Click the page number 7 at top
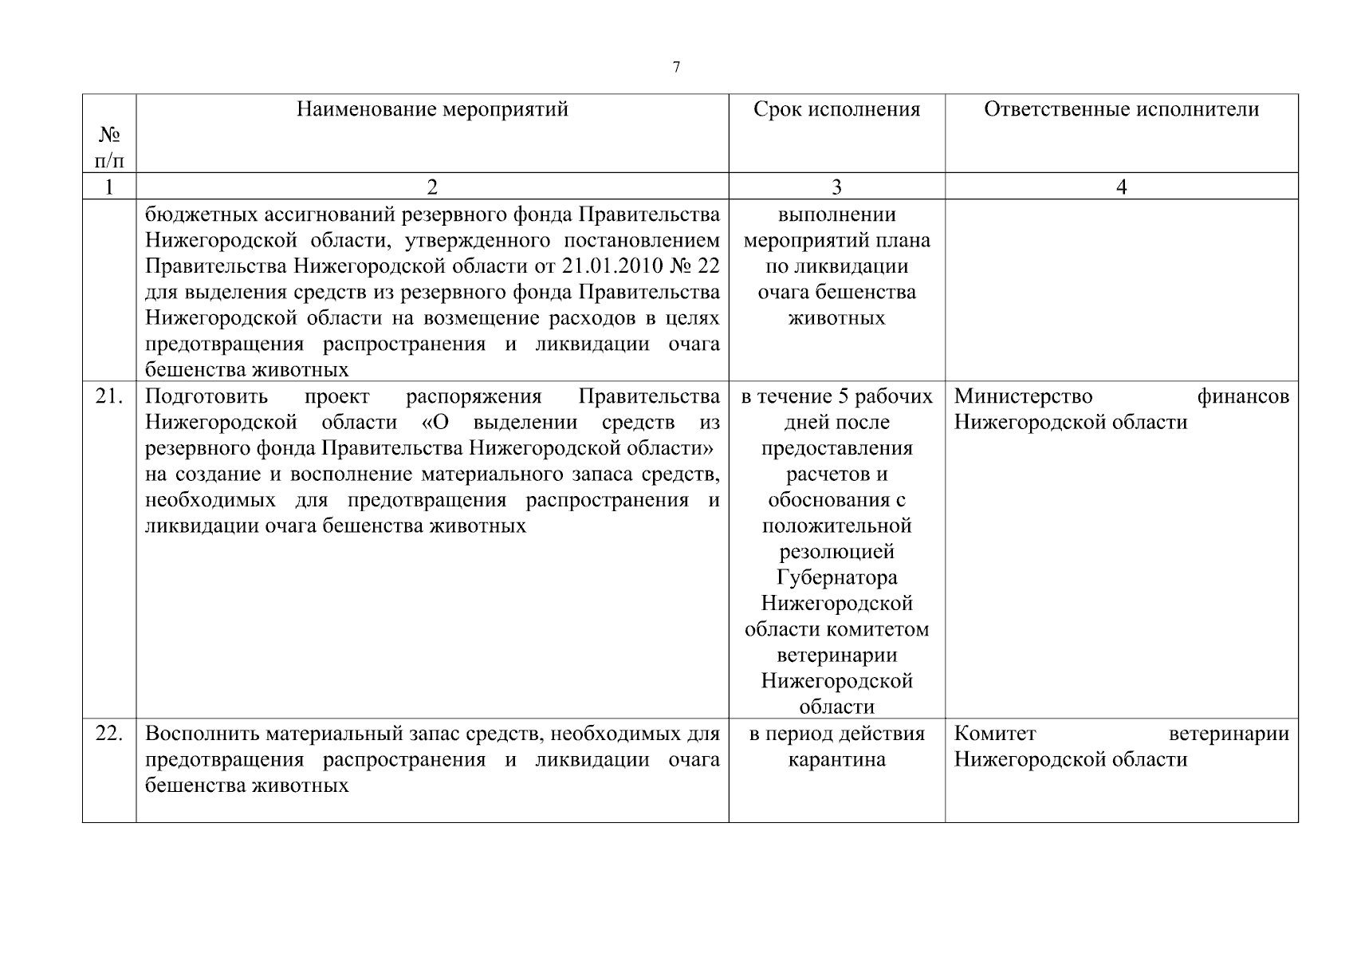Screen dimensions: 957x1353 [676, 68]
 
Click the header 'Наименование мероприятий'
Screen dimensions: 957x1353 [432, 109]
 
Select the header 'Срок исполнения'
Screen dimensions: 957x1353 [836, 109]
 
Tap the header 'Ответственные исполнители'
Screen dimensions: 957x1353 [1121, 109]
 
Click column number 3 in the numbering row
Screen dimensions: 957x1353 [836, 187]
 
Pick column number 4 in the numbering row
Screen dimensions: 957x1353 [1121, 187]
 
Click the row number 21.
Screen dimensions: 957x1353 [109, 396]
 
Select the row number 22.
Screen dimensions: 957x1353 [109, 734]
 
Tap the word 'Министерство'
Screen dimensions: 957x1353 [1023, 396]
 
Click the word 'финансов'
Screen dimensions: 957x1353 [1242, 396]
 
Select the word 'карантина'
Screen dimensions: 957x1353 [836, 760]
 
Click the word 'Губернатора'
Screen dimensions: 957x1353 [836, 577]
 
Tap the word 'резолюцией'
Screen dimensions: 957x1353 [836, 552]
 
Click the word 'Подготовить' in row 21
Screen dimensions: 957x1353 [206, 396]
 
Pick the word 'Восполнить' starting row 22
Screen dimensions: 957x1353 [203, 734]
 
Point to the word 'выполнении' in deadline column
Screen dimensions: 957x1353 [836, 215]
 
